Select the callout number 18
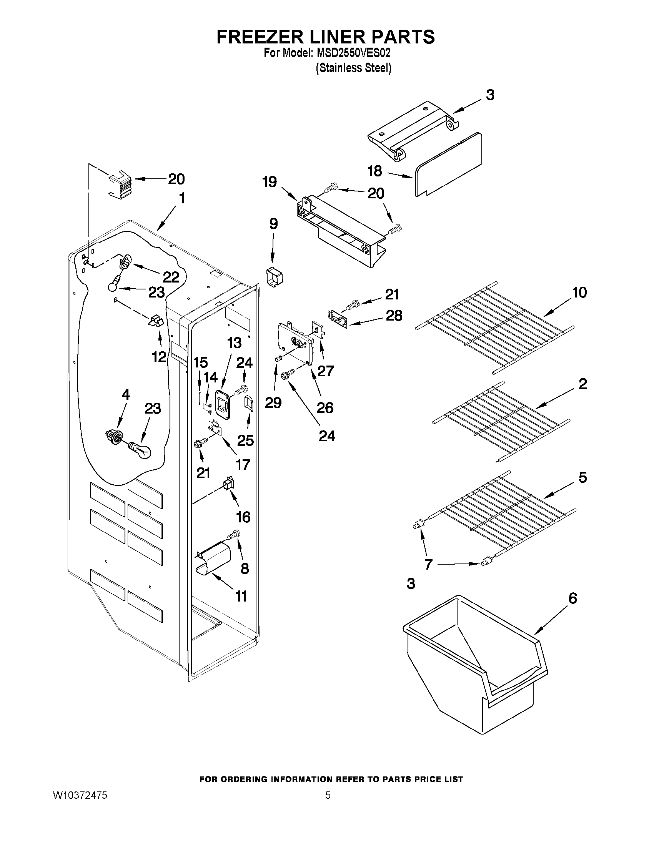[374, 171]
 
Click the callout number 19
[270, 182]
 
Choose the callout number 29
[273, 403]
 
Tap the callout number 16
[243, 517]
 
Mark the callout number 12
[159, 356]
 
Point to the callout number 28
[394, 316]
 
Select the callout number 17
[243, 464]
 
